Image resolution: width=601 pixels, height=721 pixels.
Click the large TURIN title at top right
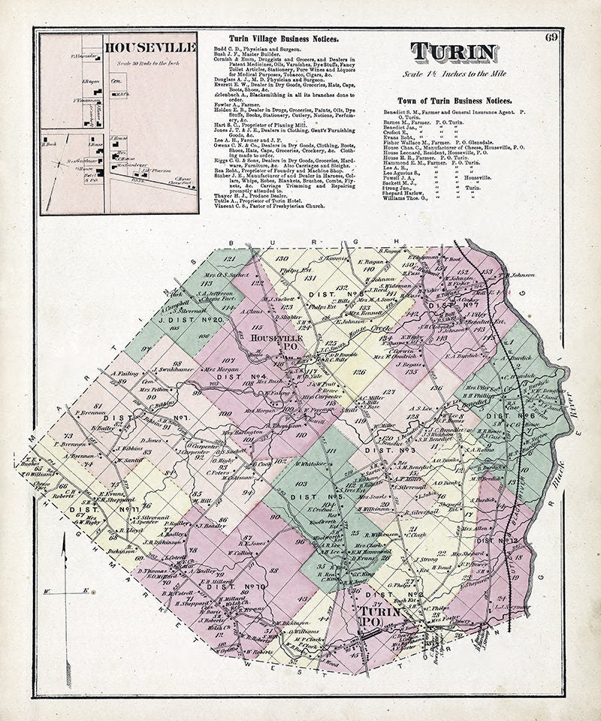click(x=454, y=53)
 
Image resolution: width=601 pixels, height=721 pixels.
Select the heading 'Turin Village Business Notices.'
click(x=282, y=38)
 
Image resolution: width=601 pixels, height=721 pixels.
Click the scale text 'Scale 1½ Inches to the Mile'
click(x=453, y=76)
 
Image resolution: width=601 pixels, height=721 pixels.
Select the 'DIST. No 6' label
click(x=499, y=415)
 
